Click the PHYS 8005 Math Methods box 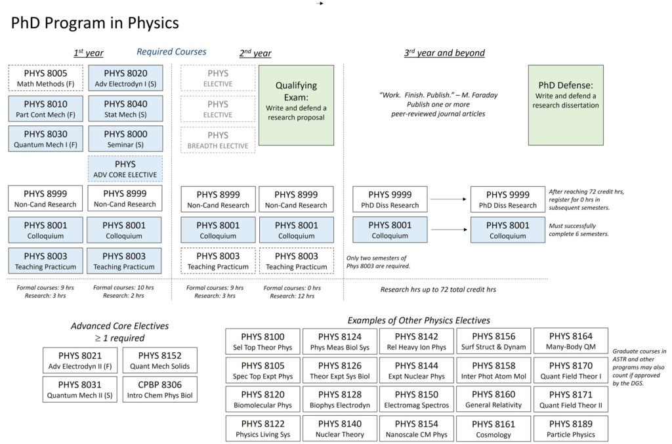[x=46, y=78]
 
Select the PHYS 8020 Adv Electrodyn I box [x=126, y=78]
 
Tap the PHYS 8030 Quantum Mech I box [x=46, y=139]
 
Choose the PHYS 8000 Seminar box [x=126, y=139]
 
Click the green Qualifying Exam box [x=296, y=105]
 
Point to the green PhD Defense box [x=566, y=105]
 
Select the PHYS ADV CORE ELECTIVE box [x=126, y=169]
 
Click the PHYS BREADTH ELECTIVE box [x=219, y=140]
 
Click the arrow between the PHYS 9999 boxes [x=449, y=199]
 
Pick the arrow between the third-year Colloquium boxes [x=449, y=230]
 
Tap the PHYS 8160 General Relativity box [x=493, y=399]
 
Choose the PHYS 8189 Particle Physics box [x=570, y=428]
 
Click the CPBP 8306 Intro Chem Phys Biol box [x=160, y=389]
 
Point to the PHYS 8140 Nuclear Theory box [x=339, y=428]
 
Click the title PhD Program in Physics [x=95, y=23]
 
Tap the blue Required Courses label [x=171, y=52]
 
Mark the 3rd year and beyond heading [x=444, y=53]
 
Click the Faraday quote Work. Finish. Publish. [x=438, y=95]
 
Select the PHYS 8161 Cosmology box [x=493, y=428]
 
